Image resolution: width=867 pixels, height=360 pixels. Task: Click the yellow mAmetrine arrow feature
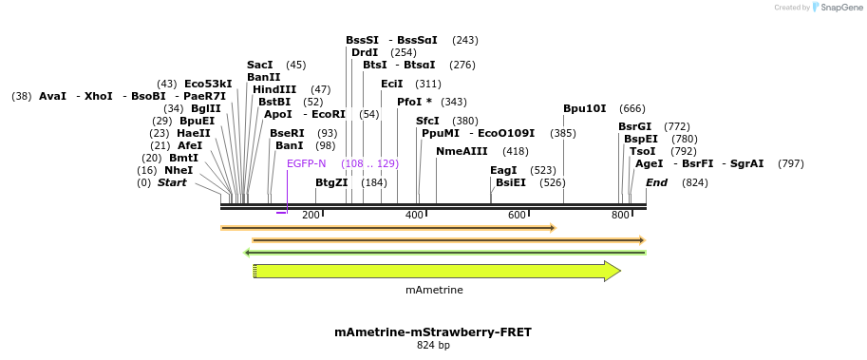[436, 272]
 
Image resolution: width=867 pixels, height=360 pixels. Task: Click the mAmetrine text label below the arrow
[434, 290]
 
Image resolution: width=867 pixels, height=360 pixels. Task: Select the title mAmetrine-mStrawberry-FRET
[433, 332]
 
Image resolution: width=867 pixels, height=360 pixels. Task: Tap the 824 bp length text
[433, 346]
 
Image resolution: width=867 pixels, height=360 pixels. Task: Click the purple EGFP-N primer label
[306, 163]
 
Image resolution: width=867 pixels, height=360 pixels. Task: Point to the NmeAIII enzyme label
[462, 151]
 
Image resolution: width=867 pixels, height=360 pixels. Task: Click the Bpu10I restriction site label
[584, 108]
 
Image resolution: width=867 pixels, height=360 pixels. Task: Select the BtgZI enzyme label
[331, 182]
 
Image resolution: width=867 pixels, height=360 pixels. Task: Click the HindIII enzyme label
[274, 89]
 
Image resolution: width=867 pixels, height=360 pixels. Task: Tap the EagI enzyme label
[503, 170]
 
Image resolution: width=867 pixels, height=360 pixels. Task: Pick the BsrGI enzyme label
[634, 126]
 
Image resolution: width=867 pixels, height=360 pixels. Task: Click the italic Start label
[172, 182]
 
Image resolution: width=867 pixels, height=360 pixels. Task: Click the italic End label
[656, 182]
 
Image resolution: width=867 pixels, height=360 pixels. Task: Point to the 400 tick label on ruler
[414, 216]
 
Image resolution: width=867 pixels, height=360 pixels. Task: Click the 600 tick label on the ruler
[518, 216]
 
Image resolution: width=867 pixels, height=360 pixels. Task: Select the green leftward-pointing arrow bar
[444, 253]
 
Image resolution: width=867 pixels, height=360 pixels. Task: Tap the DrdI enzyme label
[365, 52]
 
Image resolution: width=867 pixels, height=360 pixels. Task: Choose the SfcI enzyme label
[427, 121]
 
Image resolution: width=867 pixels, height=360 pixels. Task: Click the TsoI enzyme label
[642, 151]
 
